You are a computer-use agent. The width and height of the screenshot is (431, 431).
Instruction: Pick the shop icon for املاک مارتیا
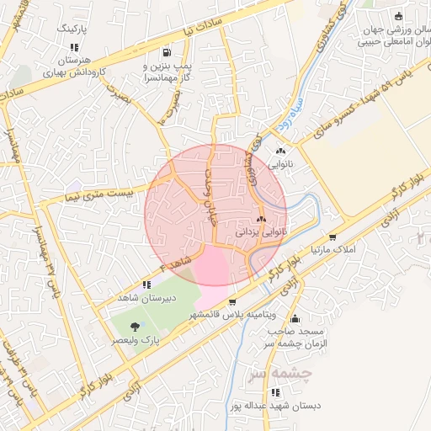(x=333, y=238)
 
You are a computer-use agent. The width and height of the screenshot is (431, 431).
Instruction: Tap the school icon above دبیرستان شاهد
(x=146, y=285)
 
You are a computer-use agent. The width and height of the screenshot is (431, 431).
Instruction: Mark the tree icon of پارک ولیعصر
(x=135, y=326)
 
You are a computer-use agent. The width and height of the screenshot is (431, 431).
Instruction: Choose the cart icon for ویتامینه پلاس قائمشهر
(x=231, y=302)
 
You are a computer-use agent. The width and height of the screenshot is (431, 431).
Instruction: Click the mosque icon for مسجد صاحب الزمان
(x=295, y=318)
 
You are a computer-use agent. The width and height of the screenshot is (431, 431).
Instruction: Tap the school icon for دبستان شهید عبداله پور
(x=275, y=392)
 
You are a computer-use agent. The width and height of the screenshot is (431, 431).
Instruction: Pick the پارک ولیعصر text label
(x=136, y=341)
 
